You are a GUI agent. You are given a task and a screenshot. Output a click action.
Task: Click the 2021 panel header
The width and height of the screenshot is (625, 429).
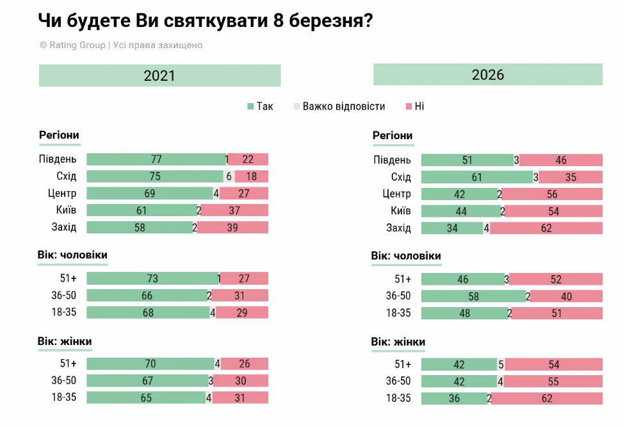(x=159, y=76)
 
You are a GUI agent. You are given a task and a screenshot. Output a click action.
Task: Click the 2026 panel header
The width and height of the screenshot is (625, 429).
(x=488, y=74)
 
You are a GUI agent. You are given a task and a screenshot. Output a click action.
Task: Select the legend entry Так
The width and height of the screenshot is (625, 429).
(x=261, y=106)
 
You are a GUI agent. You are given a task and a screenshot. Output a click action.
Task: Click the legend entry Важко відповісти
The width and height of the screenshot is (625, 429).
(x=339, y=106)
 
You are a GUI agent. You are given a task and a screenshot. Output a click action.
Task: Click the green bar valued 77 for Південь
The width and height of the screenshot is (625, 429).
(x=156, y=160)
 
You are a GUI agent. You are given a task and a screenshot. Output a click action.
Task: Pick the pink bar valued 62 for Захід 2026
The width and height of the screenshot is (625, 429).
(x=546, y=228)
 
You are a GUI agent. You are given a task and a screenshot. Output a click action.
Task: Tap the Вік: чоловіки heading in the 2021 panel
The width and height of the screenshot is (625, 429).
(x=72, y=255)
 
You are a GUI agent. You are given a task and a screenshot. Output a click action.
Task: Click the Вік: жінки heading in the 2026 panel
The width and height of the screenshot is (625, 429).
(x=398, y=342)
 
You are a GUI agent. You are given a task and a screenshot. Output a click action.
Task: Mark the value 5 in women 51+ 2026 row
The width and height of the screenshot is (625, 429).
(x=501, y=364)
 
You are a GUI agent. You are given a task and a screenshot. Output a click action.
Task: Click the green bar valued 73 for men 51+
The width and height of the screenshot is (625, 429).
(x=152, y=278)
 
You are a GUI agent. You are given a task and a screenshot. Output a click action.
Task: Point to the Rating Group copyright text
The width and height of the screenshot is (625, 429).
(x=121, y=45)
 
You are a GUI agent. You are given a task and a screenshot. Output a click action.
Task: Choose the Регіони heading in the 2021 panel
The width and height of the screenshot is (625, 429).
(x=59, y=135)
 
